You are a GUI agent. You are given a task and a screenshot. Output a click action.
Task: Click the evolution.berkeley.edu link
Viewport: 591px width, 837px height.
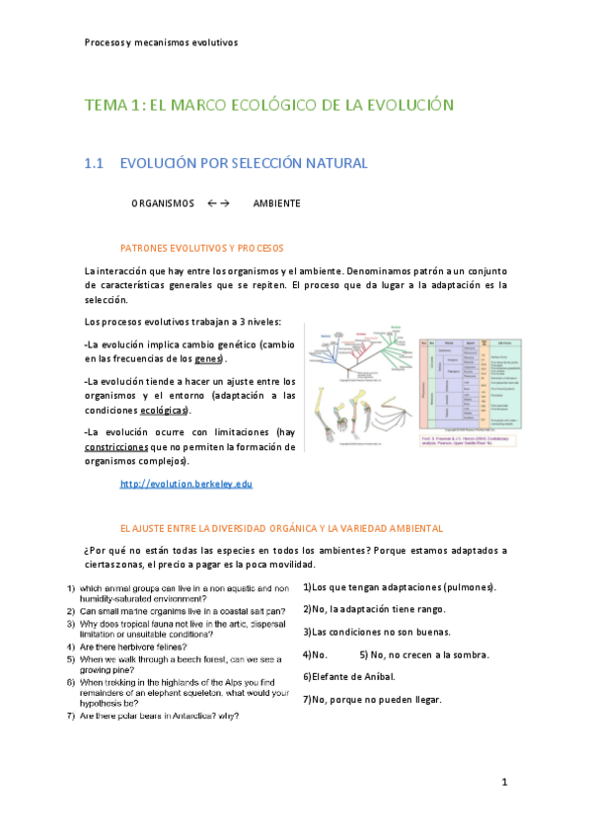185,484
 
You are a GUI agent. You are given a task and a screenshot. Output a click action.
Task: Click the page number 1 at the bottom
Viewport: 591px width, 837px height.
503,782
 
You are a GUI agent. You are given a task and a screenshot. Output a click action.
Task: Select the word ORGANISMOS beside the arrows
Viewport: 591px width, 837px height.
163,203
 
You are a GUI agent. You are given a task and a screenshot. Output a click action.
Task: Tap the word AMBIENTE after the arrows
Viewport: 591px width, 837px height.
276,203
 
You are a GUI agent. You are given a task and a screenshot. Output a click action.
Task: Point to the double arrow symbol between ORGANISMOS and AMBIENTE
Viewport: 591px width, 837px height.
218,203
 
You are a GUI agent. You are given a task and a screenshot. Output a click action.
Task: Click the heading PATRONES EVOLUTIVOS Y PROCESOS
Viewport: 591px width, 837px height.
201,247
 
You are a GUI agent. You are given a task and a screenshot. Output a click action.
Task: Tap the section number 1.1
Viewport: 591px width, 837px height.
95,163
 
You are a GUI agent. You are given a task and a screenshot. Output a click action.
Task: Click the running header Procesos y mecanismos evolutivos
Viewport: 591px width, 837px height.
161,42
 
